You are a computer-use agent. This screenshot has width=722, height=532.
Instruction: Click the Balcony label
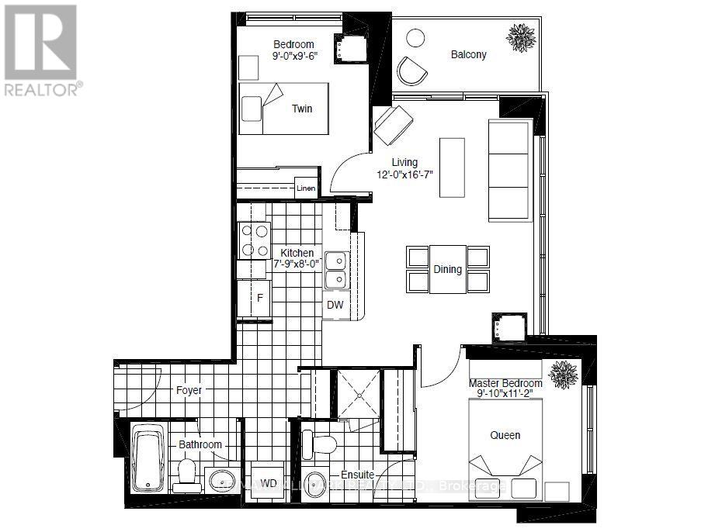click(x=468, y=54)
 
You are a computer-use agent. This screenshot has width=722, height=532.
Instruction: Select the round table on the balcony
click(x=416, y=38)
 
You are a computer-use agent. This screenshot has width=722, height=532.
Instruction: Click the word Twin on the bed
click(x=302, y=109)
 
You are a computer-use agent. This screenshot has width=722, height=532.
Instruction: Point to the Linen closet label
click(x=305, y=188)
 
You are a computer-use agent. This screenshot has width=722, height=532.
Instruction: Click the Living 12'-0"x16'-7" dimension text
click(x=404, y=168)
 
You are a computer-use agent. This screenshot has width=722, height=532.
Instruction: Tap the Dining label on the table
click(x=448, y=270)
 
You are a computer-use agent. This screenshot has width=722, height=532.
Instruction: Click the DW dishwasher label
click(x=335, y=305)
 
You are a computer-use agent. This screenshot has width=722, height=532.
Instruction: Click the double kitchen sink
click(x=336, y=269)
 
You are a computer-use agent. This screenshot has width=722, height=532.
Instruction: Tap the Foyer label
click(x=189, y=390)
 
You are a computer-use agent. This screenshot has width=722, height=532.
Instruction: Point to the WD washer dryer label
click(x=269, y=483)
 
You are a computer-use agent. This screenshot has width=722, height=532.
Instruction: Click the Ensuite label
click(x=358, y=475)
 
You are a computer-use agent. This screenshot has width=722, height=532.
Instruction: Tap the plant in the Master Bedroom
click(x=562, y=373)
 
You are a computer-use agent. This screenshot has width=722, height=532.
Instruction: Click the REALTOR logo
click(x=40, y=50)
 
